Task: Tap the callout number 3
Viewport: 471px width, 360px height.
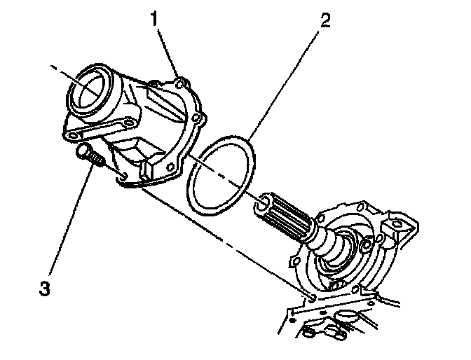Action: [44, 288]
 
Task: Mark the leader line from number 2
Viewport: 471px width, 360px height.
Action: [284, 84]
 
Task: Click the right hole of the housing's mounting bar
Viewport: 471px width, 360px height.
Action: [129, 124]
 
